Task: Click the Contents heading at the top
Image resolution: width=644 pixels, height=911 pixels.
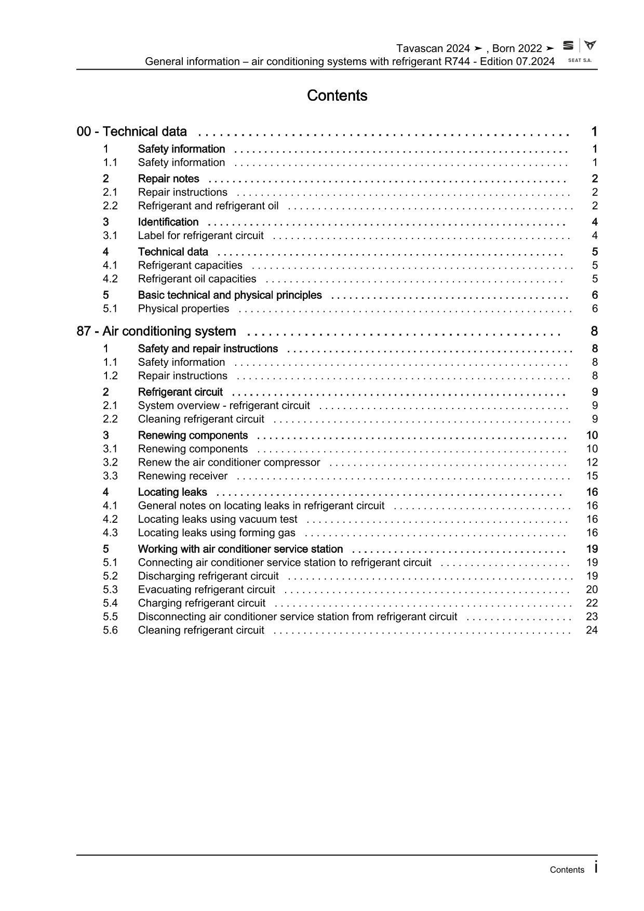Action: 337,96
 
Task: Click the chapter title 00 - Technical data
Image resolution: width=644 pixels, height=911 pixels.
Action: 132,131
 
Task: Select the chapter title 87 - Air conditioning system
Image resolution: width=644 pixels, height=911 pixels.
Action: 156,331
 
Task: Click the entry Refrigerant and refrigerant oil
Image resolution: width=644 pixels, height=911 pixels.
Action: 208,206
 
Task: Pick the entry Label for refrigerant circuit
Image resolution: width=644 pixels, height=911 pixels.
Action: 200,235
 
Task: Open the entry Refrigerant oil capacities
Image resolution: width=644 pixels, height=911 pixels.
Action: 197,279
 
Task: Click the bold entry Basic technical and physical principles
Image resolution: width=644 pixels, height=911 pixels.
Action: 230,295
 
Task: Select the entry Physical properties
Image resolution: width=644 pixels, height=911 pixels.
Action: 183,309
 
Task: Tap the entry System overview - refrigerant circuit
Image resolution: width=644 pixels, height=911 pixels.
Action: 224,405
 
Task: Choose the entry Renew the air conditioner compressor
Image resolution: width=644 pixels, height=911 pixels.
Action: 229,463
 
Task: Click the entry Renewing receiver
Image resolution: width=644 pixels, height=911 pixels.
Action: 183,476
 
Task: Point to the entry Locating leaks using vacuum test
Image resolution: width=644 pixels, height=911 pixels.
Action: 218,519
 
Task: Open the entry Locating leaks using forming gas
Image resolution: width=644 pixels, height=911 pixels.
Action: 217,533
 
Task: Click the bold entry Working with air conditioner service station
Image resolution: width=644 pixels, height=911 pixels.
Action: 240,549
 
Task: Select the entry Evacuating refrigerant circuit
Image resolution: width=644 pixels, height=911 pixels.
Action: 206,589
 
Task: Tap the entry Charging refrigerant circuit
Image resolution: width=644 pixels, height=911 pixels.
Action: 202,603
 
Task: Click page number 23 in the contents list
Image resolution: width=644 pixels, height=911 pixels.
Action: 592,617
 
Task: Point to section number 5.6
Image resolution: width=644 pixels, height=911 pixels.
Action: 110,630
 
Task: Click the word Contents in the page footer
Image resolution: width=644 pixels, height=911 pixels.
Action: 567,870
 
